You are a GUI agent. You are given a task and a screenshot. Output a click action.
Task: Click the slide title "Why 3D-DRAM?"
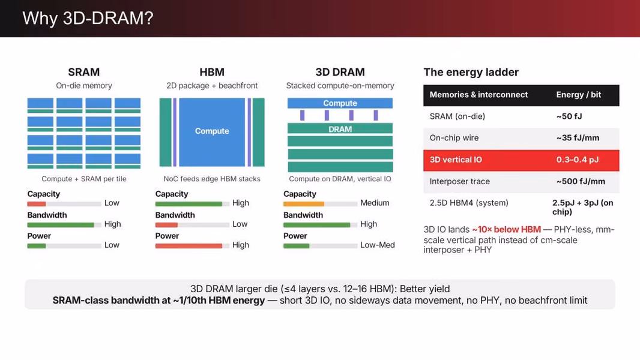click(x=88, y=19)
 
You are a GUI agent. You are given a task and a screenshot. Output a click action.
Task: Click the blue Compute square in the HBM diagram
click(x=212, y=131)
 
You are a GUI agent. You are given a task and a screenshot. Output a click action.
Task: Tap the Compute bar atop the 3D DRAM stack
click(x=340, y=103)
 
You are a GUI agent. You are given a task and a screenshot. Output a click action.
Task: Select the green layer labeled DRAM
click(x=340, y=129)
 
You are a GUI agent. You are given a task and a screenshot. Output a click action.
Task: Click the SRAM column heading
click(x=83, y=72)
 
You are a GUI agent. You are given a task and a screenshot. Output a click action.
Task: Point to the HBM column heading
click(x=212, y=72)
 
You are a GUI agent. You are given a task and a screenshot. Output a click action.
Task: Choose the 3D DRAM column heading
click(x=340, y=72)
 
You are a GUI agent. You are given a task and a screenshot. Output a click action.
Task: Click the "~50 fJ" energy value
click(x=569, y=116)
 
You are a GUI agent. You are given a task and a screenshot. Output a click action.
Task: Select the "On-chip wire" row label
click(x=454, y=138)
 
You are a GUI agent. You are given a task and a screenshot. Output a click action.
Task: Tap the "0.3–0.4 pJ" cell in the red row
click(x=577, y=160)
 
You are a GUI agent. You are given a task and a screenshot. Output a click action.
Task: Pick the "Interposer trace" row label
click(x=460, y=181)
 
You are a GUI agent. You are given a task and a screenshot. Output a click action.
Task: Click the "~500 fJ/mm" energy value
click(x=581, y=181)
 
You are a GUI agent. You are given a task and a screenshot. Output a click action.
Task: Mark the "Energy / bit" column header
click(x=578, y=95)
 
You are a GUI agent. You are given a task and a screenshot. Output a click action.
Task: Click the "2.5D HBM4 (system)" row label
click(x=468, y=203)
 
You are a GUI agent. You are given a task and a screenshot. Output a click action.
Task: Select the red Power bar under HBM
click(x=189, y=246)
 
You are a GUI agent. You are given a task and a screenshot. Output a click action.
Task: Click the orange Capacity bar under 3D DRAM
click(x=304, y=204)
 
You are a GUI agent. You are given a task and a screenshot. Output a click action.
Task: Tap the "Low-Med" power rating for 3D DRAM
click(x=378, y=245)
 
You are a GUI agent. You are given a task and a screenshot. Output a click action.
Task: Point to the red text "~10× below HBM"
click(x=507, y=230)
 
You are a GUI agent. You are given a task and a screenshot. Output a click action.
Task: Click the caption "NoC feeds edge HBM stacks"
click(x=212, y=179)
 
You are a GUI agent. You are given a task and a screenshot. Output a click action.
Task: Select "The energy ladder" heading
click(x=471, y=72)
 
